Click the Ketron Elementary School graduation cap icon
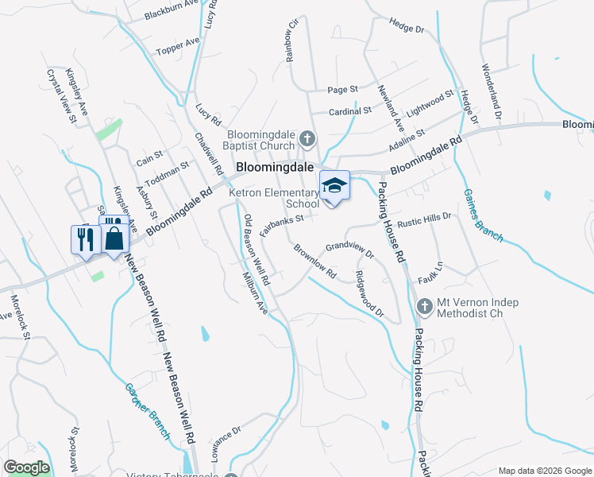coord(334,186)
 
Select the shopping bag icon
coord(114,238)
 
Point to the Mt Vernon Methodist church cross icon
coord(424,305)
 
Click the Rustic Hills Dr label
coord(425,218)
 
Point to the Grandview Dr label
coord(349,249)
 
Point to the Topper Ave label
coord(178,47)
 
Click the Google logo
coord(26,467)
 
